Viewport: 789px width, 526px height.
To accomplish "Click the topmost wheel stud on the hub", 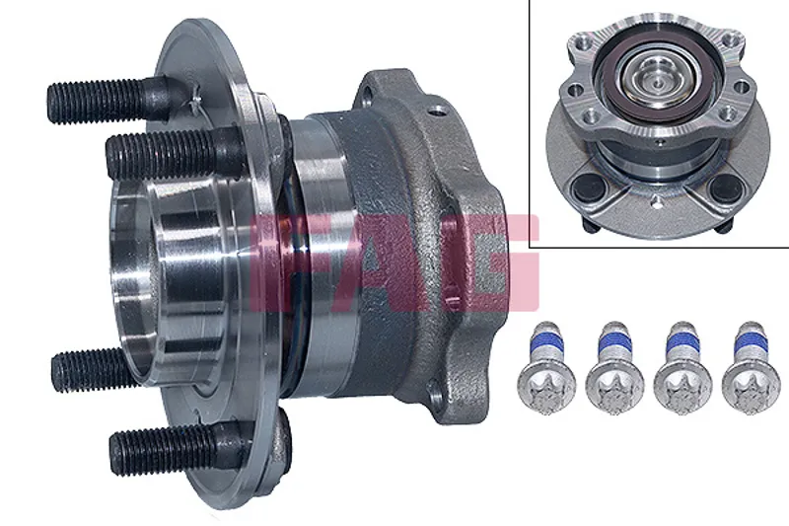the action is click(108, 101).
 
